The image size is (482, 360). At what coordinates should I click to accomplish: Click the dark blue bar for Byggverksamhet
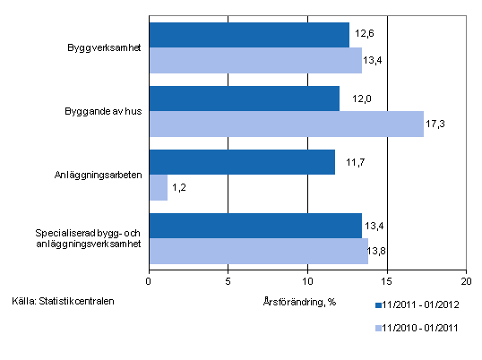(x=249, y=35)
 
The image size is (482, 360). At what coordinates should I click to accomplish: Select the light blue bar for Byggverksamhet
(x=255, y=60)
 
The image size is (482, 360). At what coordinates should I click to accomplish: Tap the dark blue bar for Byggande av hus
(x=244, y=99)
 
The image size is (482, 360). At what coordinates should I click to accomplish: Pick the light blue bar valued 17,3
(x=286, y=124)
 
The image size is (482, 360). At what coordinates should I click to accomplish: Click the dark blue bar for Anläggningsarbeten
(x=242, y=162)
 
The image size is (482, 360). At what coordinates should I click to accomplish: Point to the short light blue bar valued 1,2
(x=158, y=187)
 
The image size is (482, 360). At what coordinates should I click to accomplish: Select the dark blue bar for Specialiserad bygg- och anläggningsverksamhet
(x=255, y=227)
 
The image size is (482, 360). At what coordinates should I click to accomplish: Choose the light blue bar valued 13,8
(x=258, y=251)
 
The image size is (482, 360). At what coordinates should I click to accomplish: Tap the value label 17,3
(x=435, y=124)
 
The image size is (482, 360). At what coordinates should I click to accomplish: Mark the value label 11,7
(x=347, y=163)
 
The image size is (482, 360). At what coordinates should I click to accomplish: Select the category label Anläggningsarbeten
(x=98, y=175)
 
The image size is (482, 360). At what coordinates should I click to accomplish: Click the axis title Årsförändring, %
(x=300, y=300)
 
